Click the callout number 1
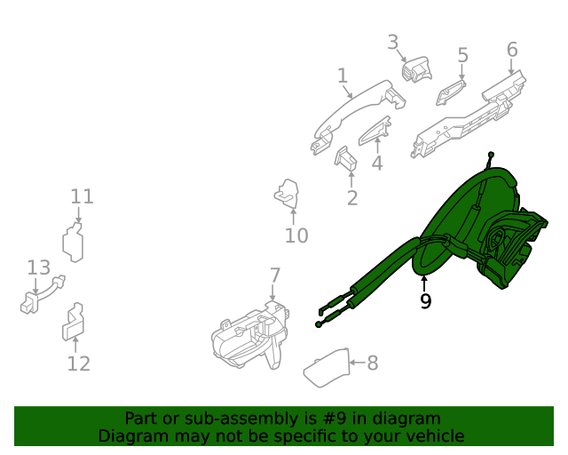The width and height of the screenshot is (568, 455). click(x=343, y=76)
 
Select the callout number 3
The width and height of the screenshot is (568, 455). click(x=393, y=42)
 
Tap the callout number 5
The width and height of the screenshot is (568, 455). click(x=462, y=55)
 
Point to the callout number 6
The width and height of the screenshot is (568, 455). click(x=512, y=49)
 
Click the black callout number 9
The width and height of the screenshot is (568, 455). click(x=426, y=301)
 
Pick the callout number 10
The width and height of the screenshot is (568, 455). click(x=296, y=235)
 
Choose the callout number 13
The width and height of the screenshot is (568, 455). click(x=38, y=267)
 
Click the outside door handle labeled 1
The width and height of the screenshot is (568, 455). click(x=355, y=112)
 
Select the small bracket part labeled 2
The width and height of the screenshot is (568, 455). click(x=344, y=157)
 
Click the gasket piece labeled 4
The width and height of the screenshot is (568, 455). click(x=375, y=131)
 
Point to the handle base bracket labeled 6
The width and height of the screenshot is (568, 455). click(x=466, y=116)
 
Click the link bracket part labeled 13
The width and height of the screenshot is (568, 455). click(x=43, y=292)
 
